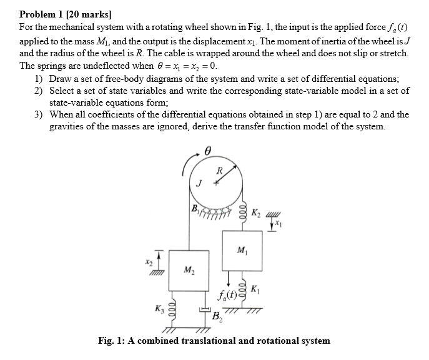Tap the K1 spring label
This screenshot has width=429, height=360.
(x=255, y=289)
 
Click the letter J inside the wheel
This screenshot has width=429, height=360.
(x=199, y=182)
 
